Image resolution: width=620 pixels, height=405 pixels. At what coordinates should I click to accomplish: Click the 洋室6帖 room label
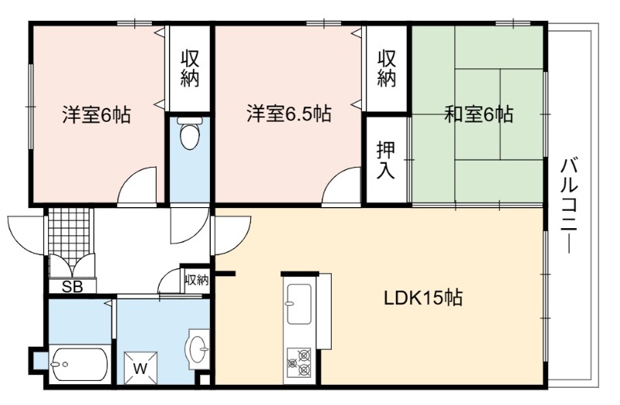tap(96, 115)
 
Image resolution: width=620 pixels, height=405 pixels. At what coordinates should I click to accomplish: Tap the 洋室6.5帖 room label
tap(289, 113)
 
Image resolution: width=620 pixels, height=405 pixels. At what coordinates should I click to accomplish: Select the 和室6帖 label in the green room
tap(478, 114)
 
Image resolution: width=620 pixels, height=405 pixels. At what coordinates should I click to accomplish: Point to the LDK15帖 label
tap(423, 298)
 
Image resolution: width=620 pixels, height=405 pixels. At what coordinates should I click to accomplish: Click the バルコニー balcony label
tap(569, 206)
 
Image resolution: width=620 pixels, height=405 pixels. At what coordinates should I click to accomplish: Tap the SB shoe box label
tap(72, 286)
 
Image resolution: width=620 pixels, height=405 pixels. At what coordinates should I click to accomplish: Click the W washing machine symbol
tap(140, 369)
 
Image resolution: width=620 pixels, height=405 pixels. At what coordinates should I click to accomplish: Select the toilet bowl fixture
tap(189, 133)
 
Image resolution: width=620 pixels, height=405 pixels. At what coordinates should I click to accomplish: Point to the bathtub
tap(79, 365)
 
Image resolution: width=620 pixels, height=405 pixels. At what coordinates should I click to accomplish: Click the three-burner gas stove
tap(299, 362)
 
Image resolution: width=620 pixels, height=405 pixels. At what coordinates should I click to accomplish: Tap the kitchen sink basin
tap(299, 304)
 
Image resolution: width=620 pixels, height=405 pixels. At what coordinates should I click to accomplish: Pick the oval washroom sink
tap(198, 349)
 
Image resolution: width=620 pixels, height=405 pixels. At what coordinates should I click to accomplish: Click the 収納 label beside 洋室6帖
tap(190, 68)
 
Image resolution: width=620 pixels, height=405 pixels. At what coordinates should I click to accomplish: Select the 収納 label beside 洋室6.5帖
tap(386, 68)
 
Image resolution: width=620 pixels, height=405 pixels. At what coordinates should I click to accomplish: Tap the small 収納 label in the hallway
tap(197, 280)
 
